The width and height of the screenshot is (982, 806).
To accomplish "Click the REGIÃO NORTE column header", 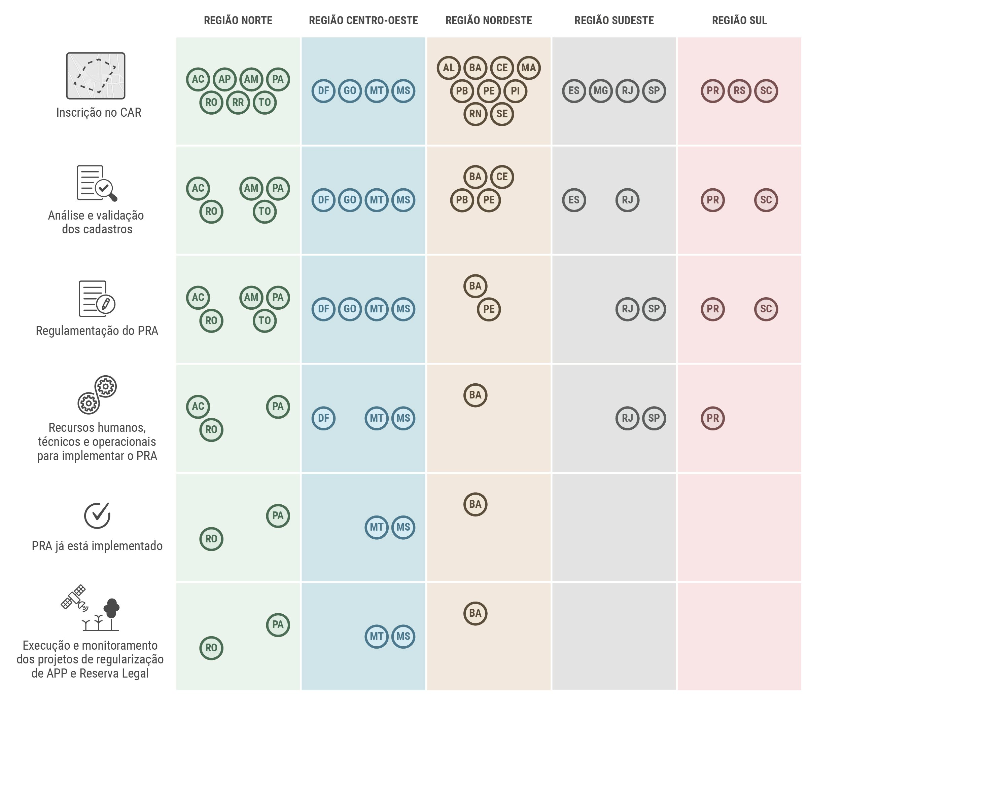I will (238, 21).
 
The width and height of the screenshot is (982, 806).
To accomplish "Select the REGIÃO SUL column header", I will (739, 21).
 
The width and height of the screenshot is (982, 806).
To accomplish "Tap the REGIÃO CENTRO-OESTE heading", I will (363, 21).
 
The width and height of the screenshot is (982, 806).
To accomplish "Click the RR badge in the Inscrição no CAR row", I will (238, 103).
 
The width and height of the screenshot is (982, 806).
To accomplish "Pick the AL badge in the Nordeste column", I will (449, 68).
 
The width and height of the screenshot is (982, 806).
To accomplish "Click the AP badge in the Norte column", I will (224, 79).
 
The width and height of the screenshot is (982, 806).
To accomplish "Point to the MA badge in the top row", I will (528, 68).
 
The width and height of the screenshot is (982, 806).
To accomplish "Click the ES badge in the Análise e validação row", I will (574, 200).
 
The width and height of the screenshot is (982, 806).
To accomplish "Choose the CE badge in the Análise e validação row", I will (502, 177).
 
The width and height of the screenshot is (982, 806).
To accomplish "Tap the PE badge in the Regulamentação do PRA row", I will (488, 309).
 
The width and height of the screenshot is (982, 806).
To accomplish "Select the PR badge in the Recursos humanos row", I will (712, 418).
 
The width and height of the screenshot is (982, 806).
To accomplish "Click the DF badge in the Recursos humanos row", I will (323, 418).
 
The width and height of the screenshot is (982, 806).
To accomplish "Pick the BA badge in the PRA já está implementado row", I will (475, 504).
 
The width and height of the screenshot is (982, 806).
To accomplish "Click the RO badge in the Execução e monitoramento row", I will (211, 648).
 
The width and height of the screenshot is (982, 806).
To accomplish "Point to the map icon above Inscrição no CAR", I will (96, 76).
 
